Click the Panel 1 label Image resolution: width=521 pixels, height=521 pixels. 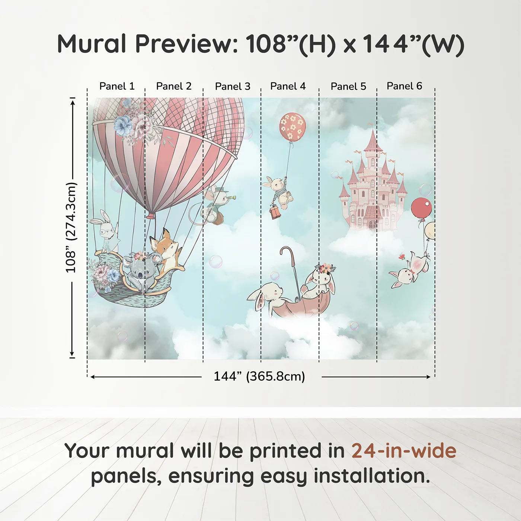(116, 86)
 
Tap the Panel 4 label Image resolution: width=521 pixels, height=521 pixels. (288, 86)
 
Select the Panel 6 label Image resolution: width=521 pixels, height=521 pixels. (404, 86)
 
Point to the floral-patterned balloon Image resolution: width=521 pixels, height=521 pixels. (292, 127)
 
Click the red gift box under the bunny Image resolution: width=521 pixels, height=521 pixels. (275, 212)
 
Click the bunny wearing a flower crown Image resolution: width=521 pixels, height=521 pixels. (321, 281)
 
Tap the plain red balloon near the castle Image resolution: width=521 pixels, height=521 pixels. (421, 208)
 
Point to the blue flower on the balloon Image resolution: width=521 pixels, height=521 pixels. (123, 125)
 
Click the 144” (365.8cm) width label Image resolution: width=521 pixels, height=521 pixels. (259, 376)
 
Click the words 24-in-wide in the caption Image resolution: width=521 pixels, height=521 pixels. (404, 451)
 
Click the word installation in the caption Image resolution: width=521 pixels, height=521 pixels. (371, 476)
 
